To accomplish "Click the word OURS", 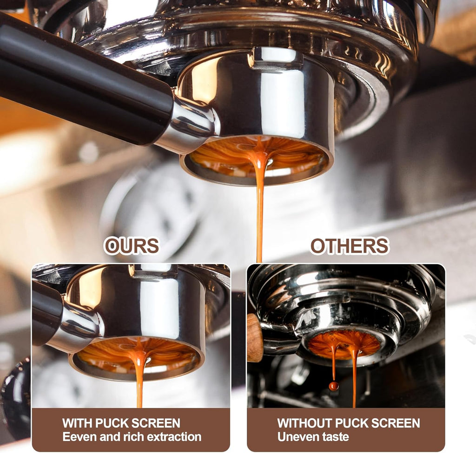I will pos(132,246).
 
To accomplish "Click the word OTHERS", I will pos(349,246).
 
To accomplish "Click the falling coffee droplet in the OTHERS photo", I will pos(333,386).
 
